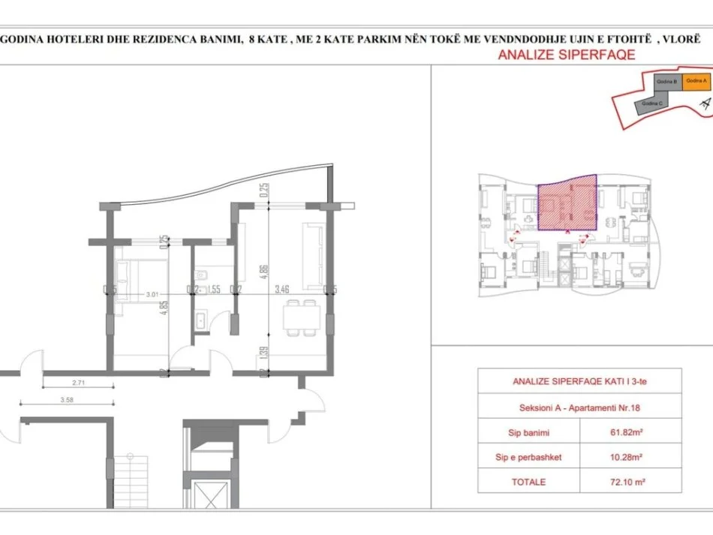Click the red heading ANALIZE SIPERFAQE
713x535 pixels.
pos(567,54)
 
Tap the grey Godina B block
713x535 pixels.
pos(667,82)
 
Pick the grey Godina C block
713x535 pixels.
pos(651,104)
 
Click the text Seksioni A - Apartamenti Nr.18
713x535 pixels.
pos(568,408)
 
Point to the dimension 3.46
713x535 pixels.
pos(283,289)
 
